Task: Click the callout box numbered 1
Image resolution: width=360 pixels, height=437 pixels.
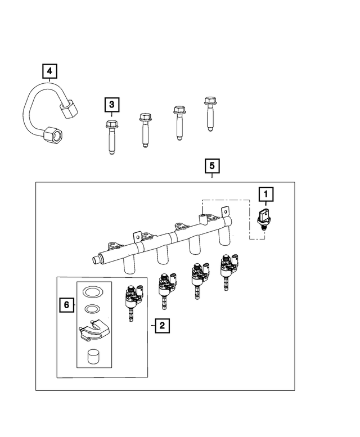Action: [x=265, y=195]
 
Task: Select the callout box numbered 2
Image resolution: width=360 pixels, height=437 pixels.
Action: [x=161, y=325]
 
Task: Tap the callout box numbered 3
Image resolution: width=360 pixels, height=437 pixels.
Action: [x=111, y=105]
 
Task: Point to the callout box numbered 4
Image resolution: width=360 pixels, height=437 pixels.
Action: [x=50, y=71]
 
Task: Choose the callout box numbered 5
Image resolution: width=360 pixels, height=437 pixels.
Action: [x=211, y=166]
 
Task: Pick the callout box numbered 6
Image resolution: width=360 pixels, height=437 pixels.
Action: [x=66, y=305]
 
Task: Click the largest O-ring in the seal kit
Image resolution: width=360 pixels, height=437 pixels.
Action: [x=90, y=292]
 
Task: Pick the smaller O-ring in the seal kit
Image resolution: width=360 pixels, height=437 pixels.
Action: [x=90, y=309]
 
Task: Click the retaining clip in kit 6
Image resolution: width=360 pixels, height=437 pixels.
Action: [x=93, y=330]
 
